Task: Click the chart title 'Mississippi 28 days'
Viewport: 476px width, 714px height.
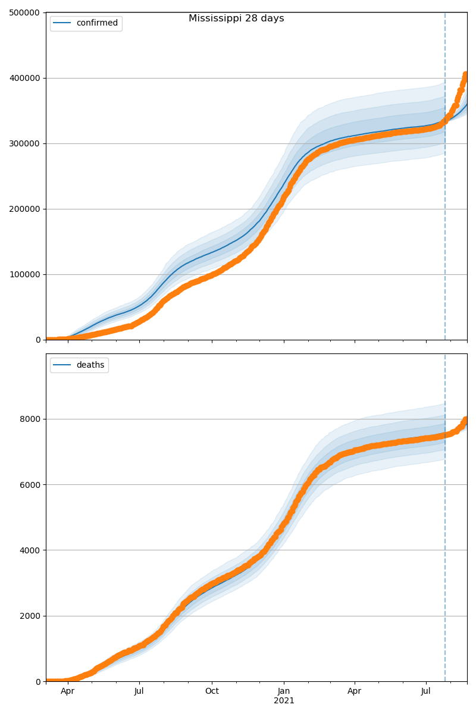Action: pyautogui.click(x=236, y=18)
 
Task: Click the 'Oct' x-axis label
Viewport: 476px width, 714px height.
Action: pyautogui.click(x=212, y=691)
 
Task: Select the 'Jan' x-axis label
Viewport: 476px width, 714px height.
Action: pyautogui.click(x=284, y=691)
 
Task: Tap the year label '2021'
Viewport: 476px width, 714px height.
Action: pyautogui.click(x=284, y=701)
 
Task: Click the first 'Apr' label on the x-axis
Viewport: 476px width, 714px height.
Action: pyautogui.click(x=68, y=691)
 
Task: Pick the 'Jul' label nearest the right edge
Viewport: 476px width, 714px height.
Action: pyautogui.click(x=426, y=691)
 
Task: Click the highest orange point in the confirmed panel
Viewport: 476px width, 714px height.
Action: pyautogui.click(x=466, y=75)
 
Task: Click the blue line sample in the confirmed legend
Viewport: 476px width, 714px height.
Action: pyautogui.click(x=62, y=23)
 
